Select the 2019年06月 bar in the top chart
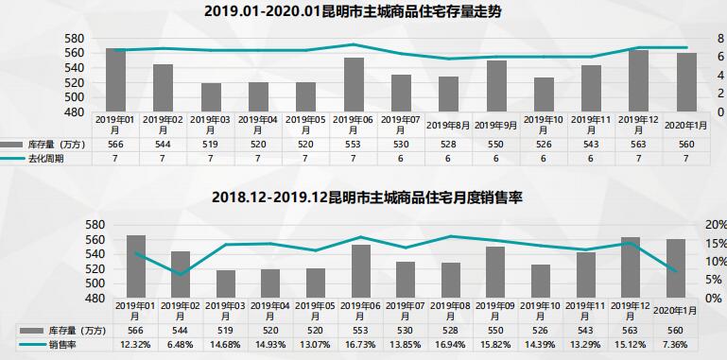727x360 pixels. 354,84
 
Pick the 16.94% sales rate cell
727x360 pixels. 450,344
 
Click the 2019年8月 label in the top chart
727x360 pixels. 447,124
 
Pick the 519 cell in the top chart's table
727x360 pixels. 211,144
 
